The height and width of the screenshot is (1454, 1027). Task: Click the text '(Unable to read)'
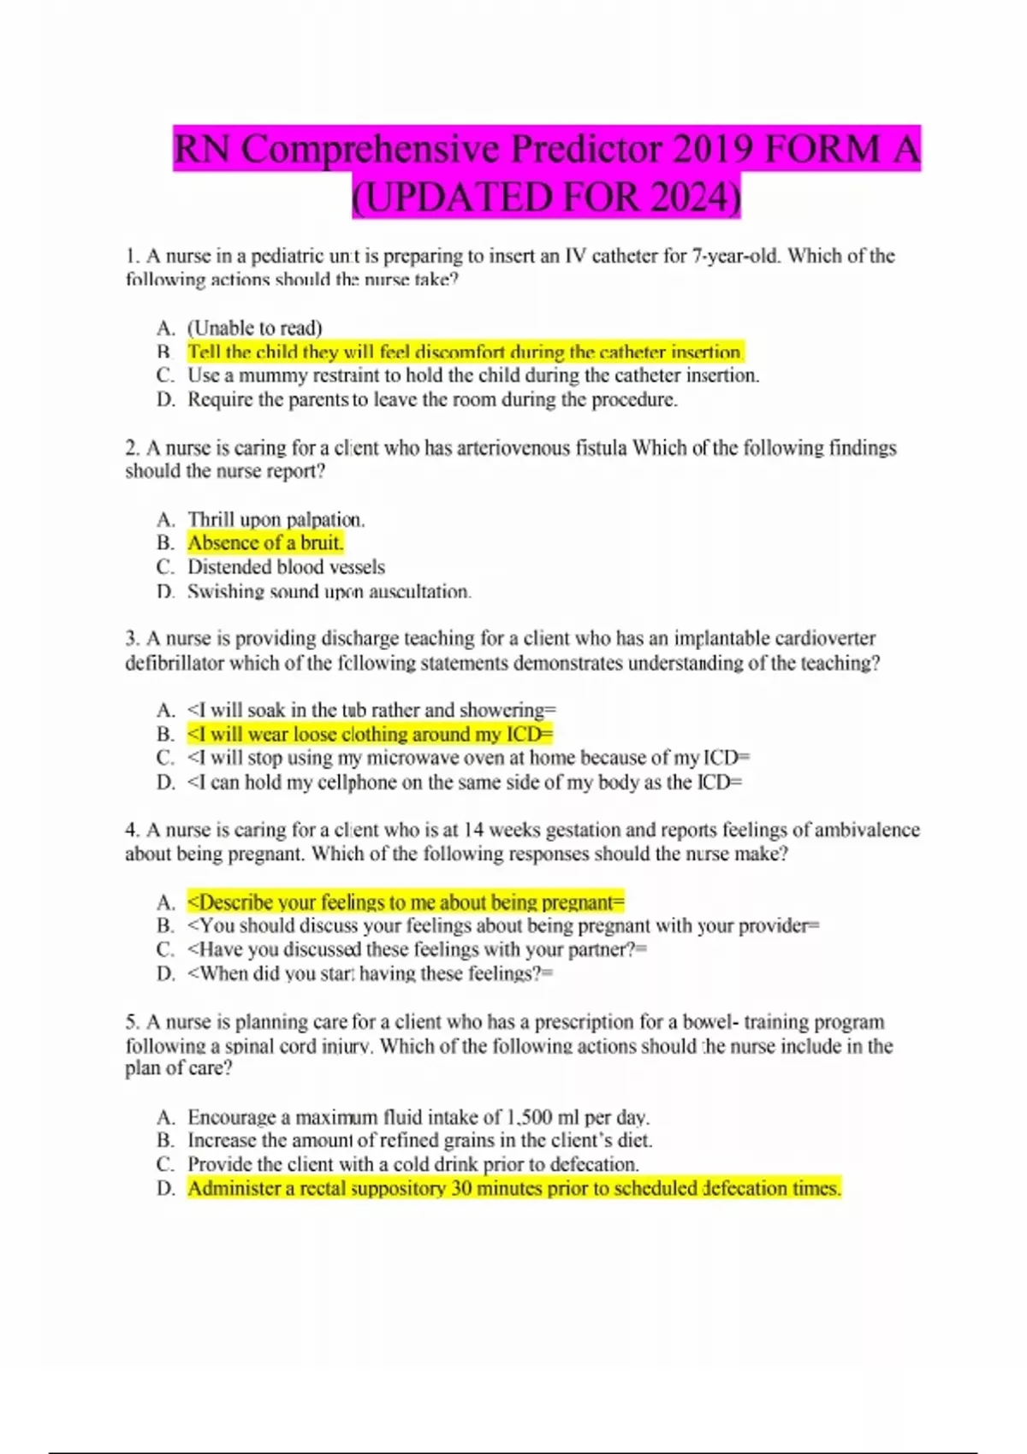pyautogui.click(x=255, y=328)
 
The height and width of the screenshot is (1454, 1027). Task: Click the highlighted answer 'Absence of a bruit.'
pyautogui.click(x=265, y=543)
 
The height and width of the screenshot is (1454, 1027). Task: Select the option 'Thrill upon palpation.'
pyautogui.click(x=276, y=519)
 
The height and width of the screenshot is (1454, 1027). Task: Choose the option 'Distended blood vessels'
pyautogui.click(x=286, y=567)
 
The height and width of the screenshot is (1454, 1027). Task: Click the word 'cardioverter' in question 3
pyautogui.click(x=822, y=639)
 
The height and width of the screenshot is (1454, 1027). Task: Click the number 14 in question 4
pyautogui.click(x=473, y=830)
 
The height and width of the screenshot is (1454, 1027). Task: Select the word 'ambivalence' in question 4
pyautogui.click(x=867, y=830)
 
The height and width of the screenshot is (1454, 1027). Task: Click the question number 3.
pyautogui.click(x=132, y=639)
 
